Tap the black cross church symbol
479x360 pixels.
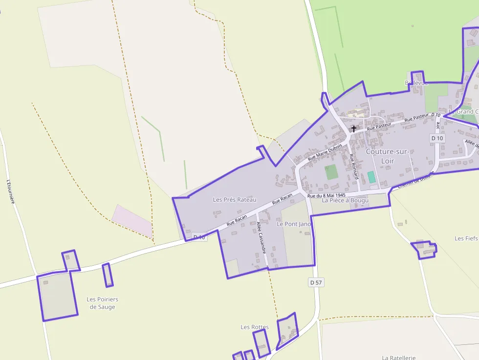click(x=353, y=128)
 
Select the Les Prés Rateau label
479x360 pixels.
click(x=235, y=199)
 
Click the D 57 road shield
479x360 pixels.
click(x=316, y=282)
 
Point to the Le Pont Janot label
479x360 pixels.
click(x=294, y=224)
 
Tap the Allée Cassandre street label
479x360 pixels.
click(x=261, y=237)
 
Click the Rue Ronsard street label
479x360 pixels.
click(x=354, y=167)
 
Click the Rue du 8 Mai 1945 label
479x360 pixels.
click(x=327, y=195)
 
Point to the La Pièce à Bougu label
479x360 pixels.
click(x=345, y=200)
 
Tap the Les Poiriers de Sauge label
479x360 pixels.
click(x=102, y=303)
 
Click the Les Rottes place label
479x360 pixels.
click(x=255, y=327)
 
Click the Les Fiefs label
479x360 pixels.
click(x=466, y=238)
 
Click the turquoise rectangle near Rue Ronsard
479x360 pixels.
click(x=371, y=177)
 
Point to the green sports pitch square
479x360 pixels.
click(x=331, y=172)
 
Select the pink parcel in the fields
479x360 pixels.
click(x=132, y=221)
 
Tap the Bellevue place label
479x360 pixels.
click(x=416, y=83)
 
